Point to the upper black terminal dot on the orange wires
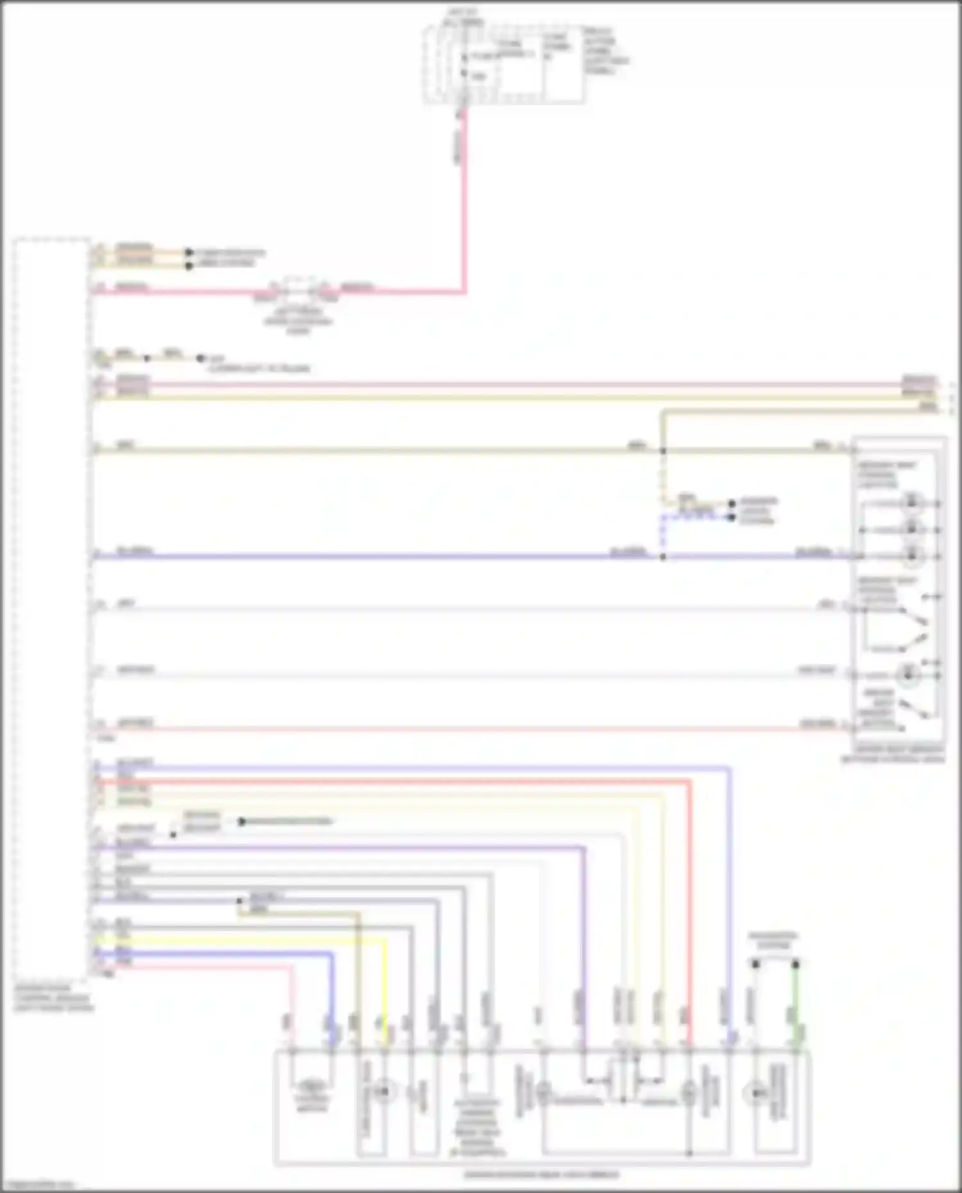coord(189,253)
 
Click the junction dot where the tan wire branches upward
coord(663,451)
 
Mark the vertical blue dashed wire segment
coord(662,535)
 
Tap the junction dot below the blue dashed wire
coord(663,557)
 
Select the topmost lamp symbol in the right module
coord(911,503)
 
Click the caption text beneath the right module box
coord(893,754)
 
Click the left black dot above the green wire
coord(755,964)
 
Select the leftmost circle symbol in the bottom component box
coord(384,1090)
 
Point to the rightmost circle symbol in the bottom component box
coord(755,1092)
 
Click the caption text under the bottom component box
coord(542,1174)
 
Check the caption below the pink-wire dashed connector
coord(298,321)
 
